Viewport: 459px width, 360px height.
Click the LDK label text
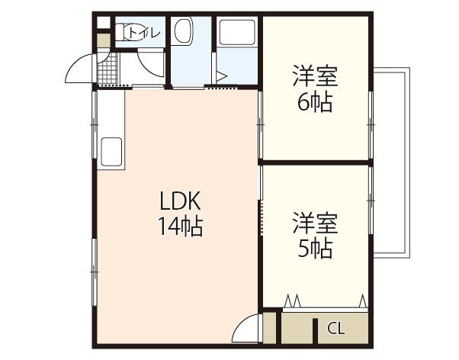point(179,202)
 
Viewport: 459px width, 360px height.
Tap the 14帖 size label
point(180,227)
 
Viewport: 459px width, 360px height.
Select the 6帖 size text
point(315,101)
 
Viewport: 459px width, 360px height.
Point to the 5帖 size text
point(315,249)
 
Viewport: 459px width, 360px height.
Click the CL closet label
point(335,329)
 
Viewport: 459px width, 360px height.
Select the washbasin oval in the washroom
point(183,33)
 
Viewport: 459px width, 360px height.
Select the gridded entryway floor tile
point(106,71)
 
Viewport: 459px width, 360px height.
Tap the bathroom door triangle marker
point(221,76)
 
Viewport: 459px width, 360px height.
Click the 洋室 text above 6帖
point(315,76)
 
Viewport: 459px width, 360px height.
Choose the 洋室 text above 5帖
point(315,223)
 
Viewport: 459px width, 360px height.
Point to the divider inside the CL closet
point(315,329)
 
